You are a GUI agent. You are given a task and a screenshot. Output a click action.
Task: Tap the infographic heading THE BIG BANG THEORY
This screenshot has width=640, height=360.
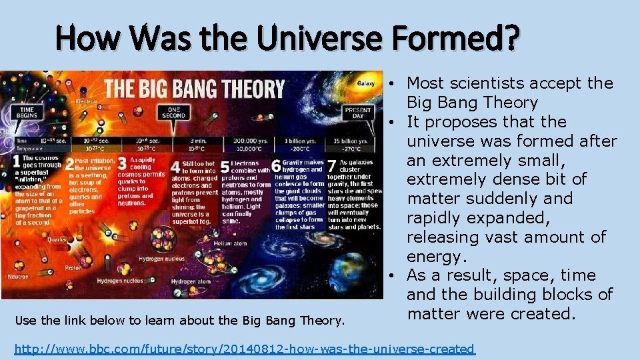click(194, 89)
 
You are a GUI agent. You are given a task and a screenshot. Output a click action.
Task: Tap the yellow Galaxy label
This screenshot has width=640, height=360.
click(366, 83)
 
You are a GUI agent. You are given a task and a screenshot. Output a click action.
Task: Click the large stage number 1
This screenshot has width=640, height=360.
click(15, 162)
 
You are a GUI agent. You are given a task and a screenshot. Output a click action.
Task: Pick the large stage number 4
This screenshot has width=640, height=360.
click(175, 167)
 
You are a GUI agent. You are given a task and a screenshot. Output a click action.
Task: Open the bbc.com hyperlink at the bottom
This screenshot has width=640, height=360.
click(245, 349)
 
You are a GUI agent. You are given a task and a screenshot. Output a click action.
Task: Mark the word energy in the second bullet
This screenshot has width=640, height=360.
click(434, 257)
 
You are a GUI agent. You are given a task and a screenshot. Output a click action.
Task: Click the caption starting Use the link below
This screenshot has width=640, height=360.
click(179, 321)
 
